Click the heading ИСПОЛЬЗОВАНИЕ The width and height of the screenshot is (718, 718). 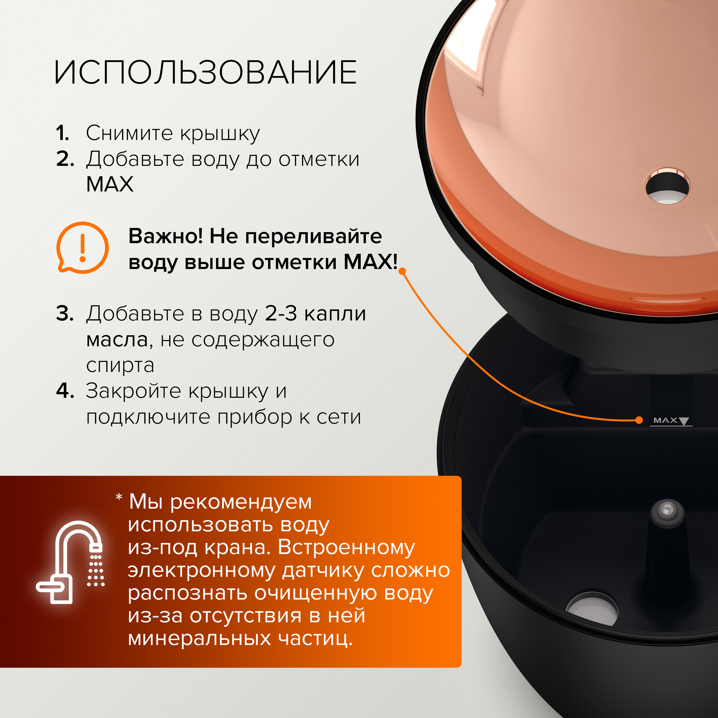click(x=205, y=73)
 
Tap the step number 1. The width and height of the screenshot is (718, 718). click(x=62, y=133)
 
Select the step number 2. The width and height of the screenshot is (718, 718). click(x=65, y=159)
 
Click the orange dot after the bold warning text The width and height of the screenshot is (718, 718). click(x=402, y=271)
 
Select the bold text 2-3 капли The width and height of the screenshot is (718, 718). click(x=315, y=313)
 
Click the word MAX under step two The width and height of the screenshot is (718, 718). click(x=110, y=184)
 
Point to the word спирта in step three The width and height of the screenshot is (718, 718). click(x=120, y=365)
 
